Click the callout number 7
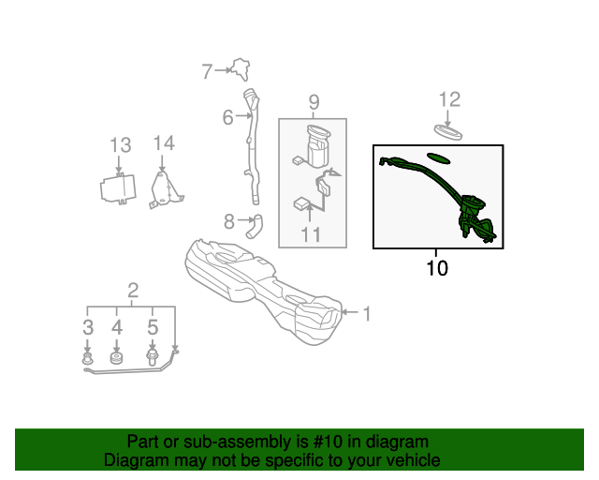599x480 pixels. coord(207,71)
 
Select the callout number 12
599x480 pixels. coord(449,99)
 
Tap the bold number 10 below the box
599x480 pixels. coord(437,268)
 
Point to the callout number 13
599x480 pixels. coord(121,145)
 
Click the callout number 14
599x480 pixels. coord(164,143)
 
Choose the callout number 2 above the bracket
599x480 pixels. coord(133,291)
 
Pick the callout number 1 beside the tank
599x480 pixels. coord(366,314)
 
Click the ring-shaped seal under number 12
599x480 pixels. coord(448,132)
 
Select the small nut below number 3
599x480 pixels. coord(88,359)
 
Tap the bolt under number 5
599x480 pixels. coord(152,357)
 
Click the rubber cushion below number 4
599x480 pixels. coord(116,358)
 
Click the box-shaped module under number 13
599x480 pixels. coord(118,188)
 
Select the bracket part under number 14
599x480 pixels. coord(165,190)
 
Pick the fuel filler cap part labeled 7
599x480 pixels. coord(241,68)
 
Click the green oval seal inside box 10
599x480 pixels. coord(438,157)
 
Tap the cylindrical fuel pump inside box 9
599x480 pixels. coord(318,146)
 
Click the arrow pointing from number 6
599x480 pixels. coord(243,115)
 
